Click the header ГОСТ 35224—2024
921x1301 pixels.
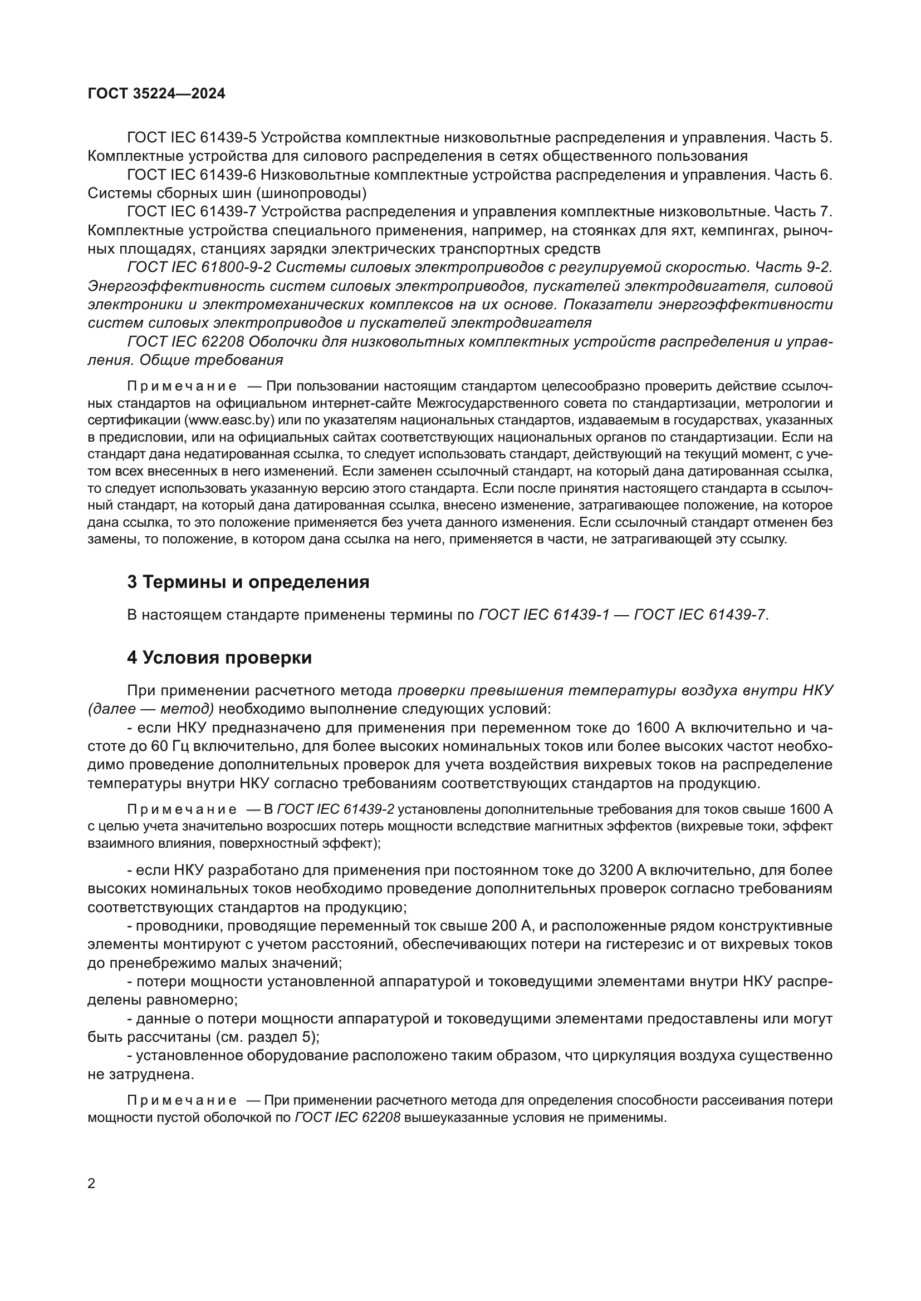click(x=156, y=94)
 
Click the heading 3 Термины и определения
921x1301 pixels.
click(x=248, y=582)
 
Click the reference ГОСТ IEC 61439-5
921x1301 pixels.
click(x=192, y=138)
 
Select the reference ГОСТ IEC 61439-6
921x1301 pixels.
click(x=192, y=175)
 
